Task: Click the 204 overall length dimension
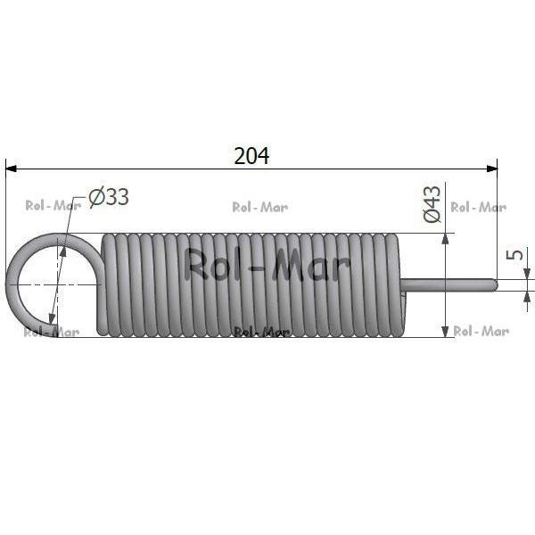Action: (x=251, y=155)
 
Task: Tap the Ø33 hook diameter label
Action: (x=109, y=197)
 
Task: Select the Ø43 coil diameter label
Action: (x=432, y=204)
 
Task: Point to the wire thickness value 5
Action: (x=514, y=254)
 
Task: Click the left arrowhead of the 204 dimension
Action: (x=11, y=169)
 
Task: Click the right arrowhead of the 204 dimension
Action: (x=492, y=169)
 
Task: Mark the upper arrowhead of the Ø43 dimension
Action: (x=445, y=239)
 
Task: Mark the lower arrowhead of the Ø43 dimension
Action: (x=445, y=332)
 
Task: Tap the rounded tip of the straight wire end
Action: (x=496, y=285)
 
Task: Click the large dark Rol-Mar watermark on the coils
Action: (x=267, y=265)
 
